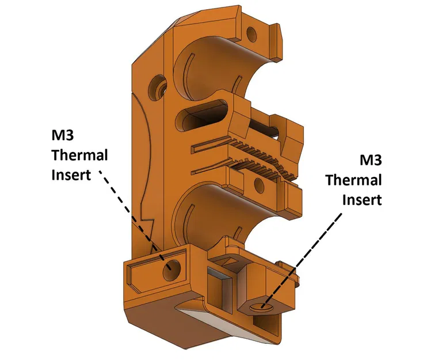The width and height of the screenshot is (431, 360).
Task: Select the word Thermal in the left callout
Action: (79, 156)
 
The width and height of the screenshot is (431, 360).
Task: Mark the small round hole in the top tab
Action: (251, 31)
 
